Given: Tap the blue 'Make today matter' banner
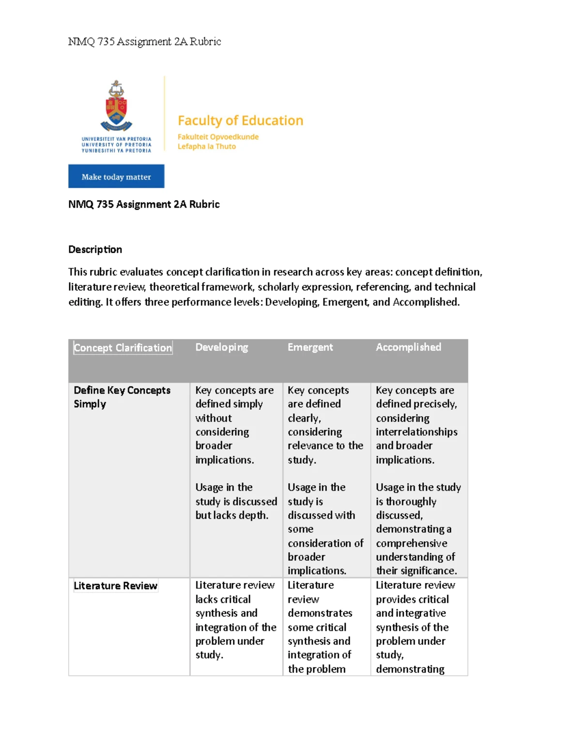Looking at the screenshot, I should (x=116, y=176).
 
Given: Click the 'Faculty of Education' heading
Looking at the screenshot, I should (x=240, y=121).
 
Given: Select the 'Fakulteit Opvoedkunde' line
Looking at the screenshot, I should (x=218, y=137).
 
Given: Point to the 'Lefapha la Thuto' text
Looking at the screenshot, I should (x=207, y=147).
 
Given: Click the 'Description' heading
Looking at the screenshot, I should (x=95, y=249).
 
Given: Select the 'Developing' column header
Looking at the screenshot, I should (x=222, y=347).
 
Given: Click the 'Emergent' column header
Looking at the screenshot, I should (x=310, y=347).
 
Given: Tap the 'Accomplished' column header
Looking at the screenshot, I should (x=408, y=347).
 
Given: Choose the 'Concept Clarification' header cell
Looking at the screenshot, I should (x=123, y=348).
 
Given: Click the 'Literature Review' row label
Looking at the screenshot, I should (x=115, y=586).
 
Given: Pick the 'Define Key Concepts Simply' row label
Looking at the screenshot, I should (x=122, y=397).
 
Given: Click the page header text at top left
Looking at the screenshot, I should (x=144, y=42).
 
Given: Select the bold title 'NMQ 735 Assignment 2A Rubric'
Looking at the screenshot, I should (x=144, y=204).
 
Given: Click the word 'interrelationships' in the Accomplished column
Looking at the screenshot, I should (x=416, y=432).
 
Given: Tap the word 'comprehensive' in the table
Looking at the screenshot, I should (x=412, y=543).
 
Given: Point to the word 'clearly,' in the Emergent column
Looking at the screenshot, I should (x=304, y=418).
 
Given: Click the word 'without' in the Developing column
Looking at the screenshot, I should (x=214, y=418).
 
